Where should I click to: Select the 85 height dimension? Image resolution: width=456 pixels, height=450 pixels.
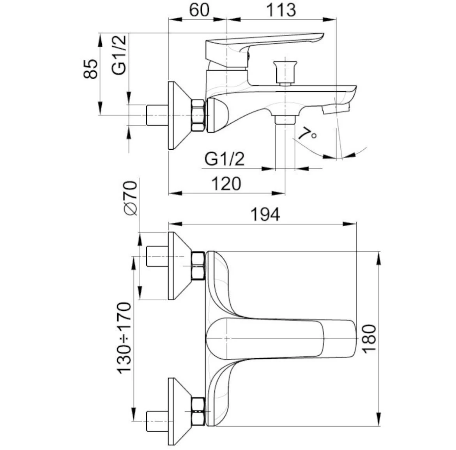coord(91,69)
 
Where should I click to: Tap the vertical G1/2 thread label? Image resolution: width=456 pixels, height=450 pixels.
coord(119,55)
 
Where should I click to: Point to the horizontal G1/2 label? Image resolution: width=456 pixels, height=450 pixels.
coord(224,159)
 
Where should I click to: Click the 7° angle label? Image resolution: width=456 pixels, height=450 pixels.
coord(307,134)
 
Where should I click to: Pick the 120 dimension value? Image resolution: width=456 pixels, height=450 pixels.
coord(226,184)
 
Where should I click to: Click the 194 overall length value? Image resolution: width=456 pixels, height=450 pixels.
coord(265,214)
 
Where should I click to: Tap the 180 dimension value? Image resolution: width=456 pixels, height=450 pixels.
coord(369,338)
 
